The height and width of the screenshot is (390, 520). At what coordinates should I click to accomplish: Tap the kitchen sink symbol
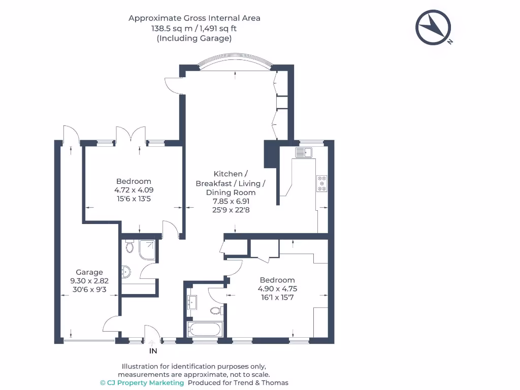pos(305,151)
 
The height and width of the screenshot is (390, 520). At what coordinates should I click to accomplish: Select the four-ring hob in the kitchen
pos(322,183)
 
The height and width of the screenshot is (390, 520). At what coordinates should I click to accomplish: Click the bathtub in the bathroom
pos(204,329)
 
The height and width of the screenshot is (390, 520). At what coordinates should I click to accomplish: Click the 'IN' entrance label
pos(153,350)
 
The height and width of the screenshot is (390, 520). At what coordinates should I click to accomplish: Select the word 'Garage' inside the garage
pos(89,272)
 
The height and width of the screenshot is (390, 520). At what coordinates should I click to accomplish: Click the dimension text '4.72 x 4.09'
pos(134,190)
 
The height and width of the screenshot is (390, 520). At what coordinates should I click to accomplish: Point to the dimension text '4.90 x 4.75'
pos(277,288)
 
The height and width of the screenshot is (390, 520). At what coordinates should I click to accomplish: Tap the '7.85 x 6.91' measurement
pos(231,201)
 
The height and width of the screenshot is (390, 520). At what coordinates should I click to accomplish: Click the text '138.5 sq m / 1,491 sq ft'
pos(194,28)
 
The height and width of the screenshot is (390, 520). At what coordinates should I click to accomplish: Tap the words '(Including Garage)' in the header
pos(194,38)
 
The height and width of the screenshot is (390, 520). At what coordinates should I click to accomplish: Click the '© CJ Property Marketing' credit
pos(142,382)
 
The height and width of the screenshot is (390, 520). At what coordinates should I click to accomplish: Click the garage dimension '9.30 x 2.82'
pos(89,281)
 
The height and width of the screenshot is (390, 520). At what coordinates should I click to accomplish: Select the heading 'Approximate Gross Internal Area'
pos(194,18)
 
